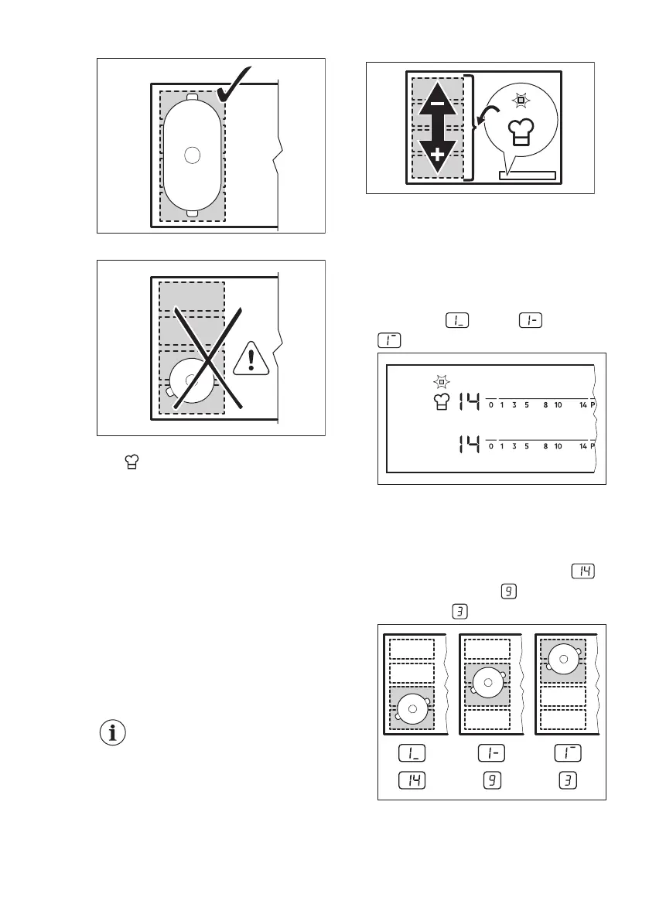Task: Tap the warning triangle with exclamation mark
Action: click(251, 359)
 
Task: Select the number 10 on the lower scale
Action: click(557, 446)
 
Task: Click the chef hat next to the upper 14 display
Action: click(441, 402)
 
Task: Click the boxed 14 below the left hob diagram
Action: click(412, 779)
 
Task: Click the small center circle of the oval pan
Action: click(193, 155)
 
